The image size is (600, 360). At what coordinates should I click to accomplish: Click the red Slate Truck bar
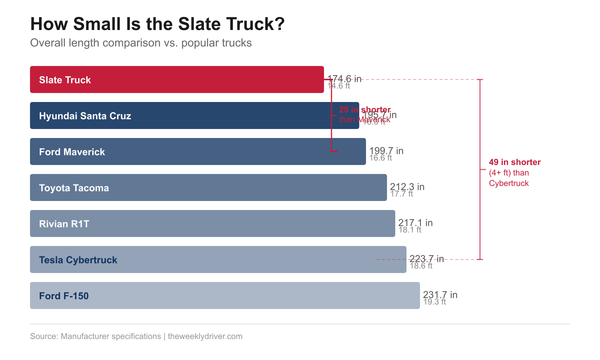click(x=177, y=79)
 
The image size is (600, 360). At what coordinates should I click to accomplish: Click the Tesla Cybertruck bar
click(x=218, y=259)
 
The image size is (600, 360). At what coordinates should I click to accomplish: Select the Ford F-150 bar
click(x=225, y=295)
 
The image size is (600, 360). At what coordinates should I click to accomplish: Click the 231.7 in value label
click(x=440, y=295)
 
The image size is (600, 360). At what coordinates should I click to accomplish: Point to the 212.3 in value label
click(x=407, y=186)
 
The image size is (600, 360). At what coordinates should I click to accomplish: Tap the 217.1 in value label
click(x=415, y=223)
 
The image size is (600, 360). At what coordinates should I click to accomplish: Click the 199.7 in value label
click(x=386, y=150)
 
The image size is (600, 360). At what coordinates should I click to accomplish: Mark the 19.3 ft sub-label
click(x=435, y=302)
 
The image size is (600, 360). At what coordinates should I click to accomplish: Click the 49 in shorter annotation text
click(x=514, y=162)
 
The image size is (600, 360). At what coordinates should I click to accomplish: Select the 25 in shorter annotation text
click(x=364, y=109)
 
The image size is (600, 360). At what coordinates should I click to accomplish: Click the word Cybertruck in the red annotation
click(x=508, y=183)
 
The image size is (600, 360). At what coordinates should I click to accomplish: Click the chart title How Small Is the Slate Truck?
click(x=157, y=24)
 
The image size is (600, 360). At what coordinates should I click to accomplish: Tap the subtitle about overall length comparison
click(x=141, y=43)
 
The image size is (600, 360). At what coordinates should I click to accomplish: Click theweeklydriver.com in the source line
click(x=205, y=336)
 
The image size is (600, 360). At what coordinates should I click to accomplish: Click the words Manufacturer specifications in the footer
click(x=111, y=336)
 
